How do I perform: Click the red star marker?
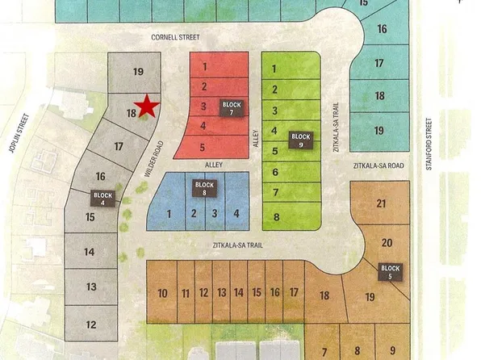146,106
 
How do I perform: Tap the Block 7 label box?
232,109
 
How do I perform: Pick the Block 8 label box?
204,189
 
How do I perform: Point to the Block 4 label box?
104,199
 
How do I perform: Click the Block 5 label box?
390,272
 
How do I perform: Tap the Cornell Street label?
175,37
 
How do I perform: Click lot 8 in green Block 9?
276,217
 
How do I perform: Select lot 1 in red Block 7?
206,66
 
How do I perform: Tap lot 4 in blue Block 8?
236,214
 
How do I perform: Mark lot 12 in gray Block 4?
91,325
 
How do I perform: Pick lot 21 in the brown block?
381,205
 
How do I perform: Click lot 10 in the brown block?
162,294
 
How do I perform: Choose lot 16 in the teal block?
381,29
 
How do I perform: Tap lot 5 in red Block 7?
203,147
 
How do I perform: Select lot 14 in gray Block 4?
90,252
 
